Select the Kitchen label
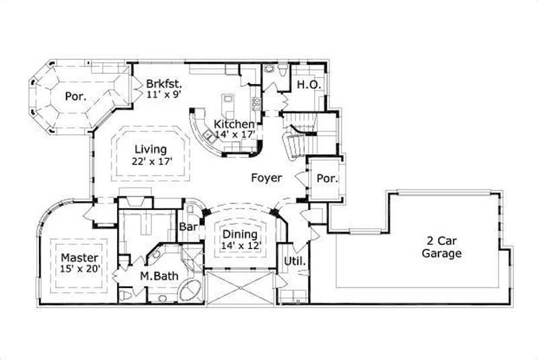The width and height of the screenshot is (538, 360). pos(234,124)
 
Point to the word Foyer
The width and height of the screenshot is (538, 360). pos(266,178)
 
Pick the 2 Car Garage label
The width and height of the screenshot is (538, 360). pos(442,247)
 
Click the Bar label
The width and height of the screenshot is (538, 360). pos(188,227)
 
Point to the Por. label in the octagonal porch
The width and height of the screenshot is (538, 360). pos(75,96)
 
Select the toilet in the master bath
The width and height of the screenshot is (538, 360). pos(124,295)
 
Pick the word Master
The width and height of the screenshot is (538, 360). pos(79,258)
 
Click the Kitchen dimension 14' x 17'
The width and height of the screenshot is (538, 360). pos(234,135)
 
